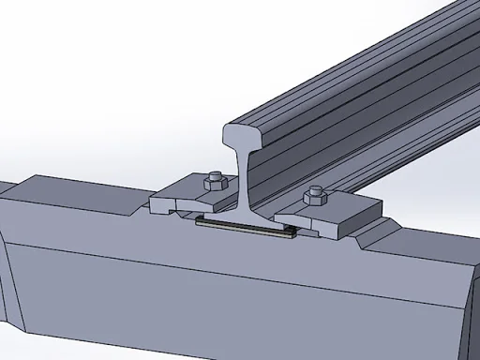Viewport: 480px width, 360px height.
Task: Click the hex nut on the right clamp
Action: point(315,198)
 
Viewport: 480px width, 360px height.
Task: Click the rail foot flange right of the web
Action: point(277,217)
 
